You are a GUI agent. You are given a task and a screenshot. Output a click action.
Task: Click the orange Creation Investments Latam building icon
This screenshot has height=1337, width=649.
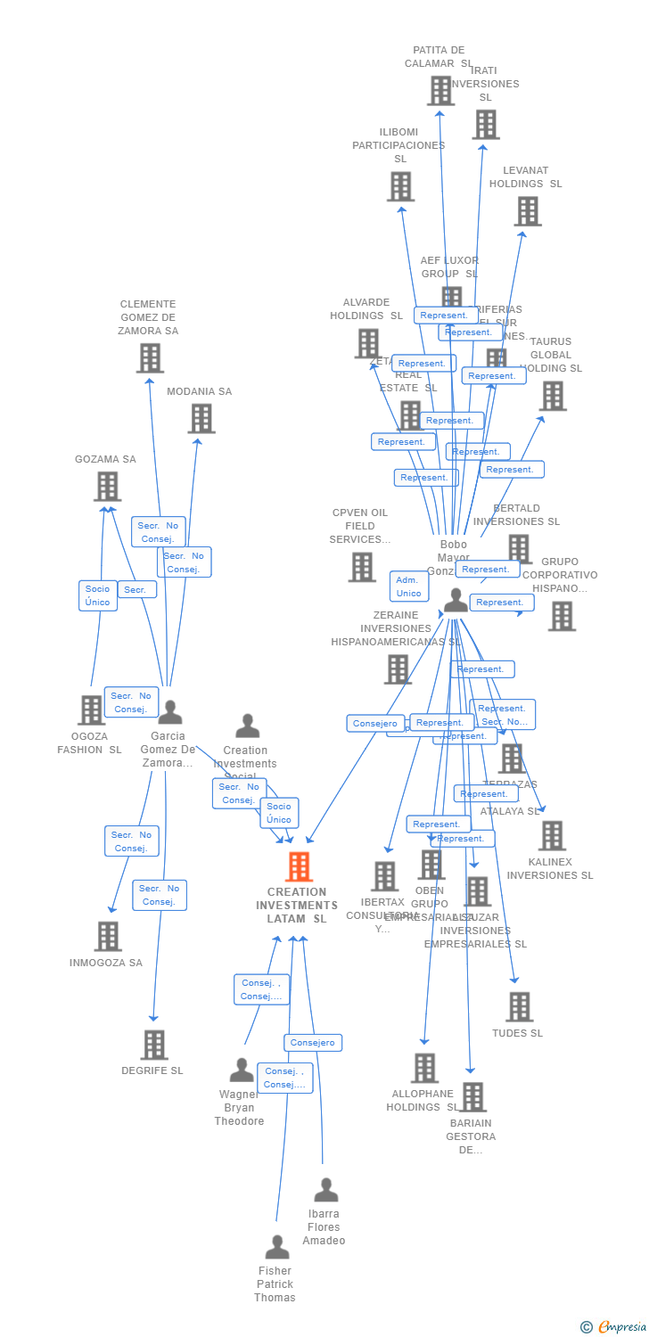[x=299, y=866]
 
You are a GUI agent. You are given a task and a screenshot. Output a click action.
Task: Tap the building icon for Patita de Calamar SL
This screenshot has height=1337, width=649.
[x=440, y=91]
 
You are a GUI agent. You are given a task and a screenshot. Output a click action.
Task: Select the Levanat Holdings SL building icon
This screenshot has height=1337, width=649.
[x=528, y=211]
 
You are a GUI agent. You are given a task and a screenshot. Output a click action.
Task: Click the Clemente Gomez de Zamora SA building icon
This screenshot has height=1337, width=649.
[x=150, y=358]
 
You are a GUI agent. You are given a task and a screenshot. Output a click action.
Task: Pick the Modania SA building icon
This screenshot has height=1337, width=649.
[x=201, y=418]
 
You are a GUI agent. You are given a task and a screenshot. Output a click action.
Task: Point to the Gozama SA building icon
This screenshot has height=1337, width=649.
[x=107, y=487]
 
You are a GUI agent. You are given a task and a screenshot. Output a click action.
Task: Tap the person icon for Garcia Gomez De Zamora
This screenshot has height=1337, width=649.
[x=169, y=712]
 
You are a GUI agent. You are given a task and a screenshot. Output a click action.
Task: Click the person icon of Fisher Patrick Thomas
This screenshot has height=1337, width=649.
[x=277, y=1247]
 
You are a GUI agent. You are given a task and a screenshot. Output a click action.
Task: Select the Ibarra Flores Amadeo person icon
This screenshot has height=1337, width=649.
[x=326, y=1190]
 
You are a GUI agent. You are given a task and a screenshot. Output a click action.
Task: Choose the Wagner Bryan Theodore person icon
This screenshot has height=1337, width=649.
[x=242, y=1070]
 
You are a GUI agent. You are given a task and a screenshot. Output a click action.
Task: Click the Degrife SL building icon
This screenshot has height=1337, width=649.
[x=154, y=1045]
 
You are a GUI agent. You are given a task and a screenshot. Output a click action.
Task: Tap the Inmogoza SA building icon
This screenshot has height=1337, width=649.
[x=108, y=936]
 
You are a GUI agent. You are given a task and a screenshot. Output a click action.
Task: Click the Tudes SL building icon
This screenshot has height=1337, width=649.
[x=519, y=1006]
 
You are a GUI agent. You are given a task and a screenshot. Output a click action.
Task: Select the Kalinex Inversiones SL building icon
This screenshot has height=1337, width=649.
[x=552, y=836]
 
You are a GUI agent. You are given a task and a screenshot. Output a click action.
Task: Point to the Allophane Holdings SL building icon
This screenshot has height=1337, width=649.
[x=424, y=1068]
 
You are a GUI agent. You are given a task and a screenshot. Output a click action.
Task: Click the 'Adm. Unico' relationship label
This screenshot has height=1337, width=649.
[x=409, y=586]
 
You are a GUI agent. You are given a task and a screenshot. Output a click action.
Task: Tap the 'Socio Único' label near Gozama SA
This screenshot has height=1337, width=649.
[x=98, y=595]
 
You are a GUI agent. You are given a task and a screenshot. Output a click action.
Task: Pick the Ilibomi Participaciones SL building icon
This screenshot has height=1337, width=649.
[x=400, y=186]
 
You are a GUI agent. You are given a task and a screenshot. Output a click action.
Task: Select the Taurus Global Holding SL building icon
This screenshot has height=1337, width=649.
[x=553, y=396]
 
